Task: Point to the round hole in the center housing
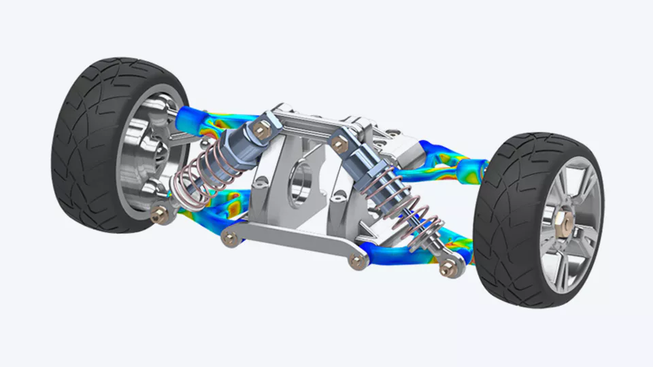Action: pyautogui.click(x=299, y=182)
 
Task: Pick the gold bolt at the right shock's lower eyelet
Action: pyautogui.click(x=447, y=267)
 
